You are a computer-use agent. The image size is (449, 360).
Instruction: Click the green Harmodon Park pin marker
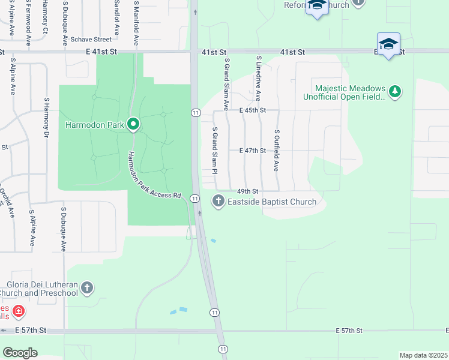click(x=133, y=124)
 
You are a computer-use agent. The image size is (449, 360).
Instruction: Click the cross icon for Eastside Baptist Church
click(x=218, y=202)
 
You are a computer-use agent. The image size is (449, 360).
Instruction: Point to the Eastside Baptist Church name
click(x=271, y=202)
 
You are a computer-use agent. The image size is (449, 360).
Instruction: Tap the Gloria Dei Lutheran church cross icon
click(x=87, y=288)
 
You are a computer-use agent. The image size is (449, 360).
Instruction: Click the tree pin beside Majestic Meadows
click(x=394, y=91)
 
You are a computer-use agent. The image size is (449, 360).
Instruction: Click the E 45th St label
click(x=252, y=110)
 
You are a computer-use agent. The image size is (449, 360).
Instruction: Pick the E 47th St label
click(x=252, y=151)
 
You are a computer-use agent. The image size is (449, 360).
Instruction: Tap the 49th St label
click(x=247, y=190)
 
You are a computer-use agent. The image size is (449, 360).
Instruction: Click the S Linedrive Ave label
click(x=259, y=79)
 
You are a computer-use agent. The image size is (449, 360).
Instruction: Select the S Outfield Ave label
click(x=277, y=151)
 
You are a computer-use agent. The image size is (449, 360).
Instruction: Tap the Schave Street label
click(x=91, y=40)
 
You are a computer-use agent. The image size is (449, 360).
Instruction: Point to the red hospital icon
click(x=19, y=311)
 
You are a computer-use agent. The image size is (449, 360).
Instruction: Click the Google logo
click(x=20, y=352)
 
